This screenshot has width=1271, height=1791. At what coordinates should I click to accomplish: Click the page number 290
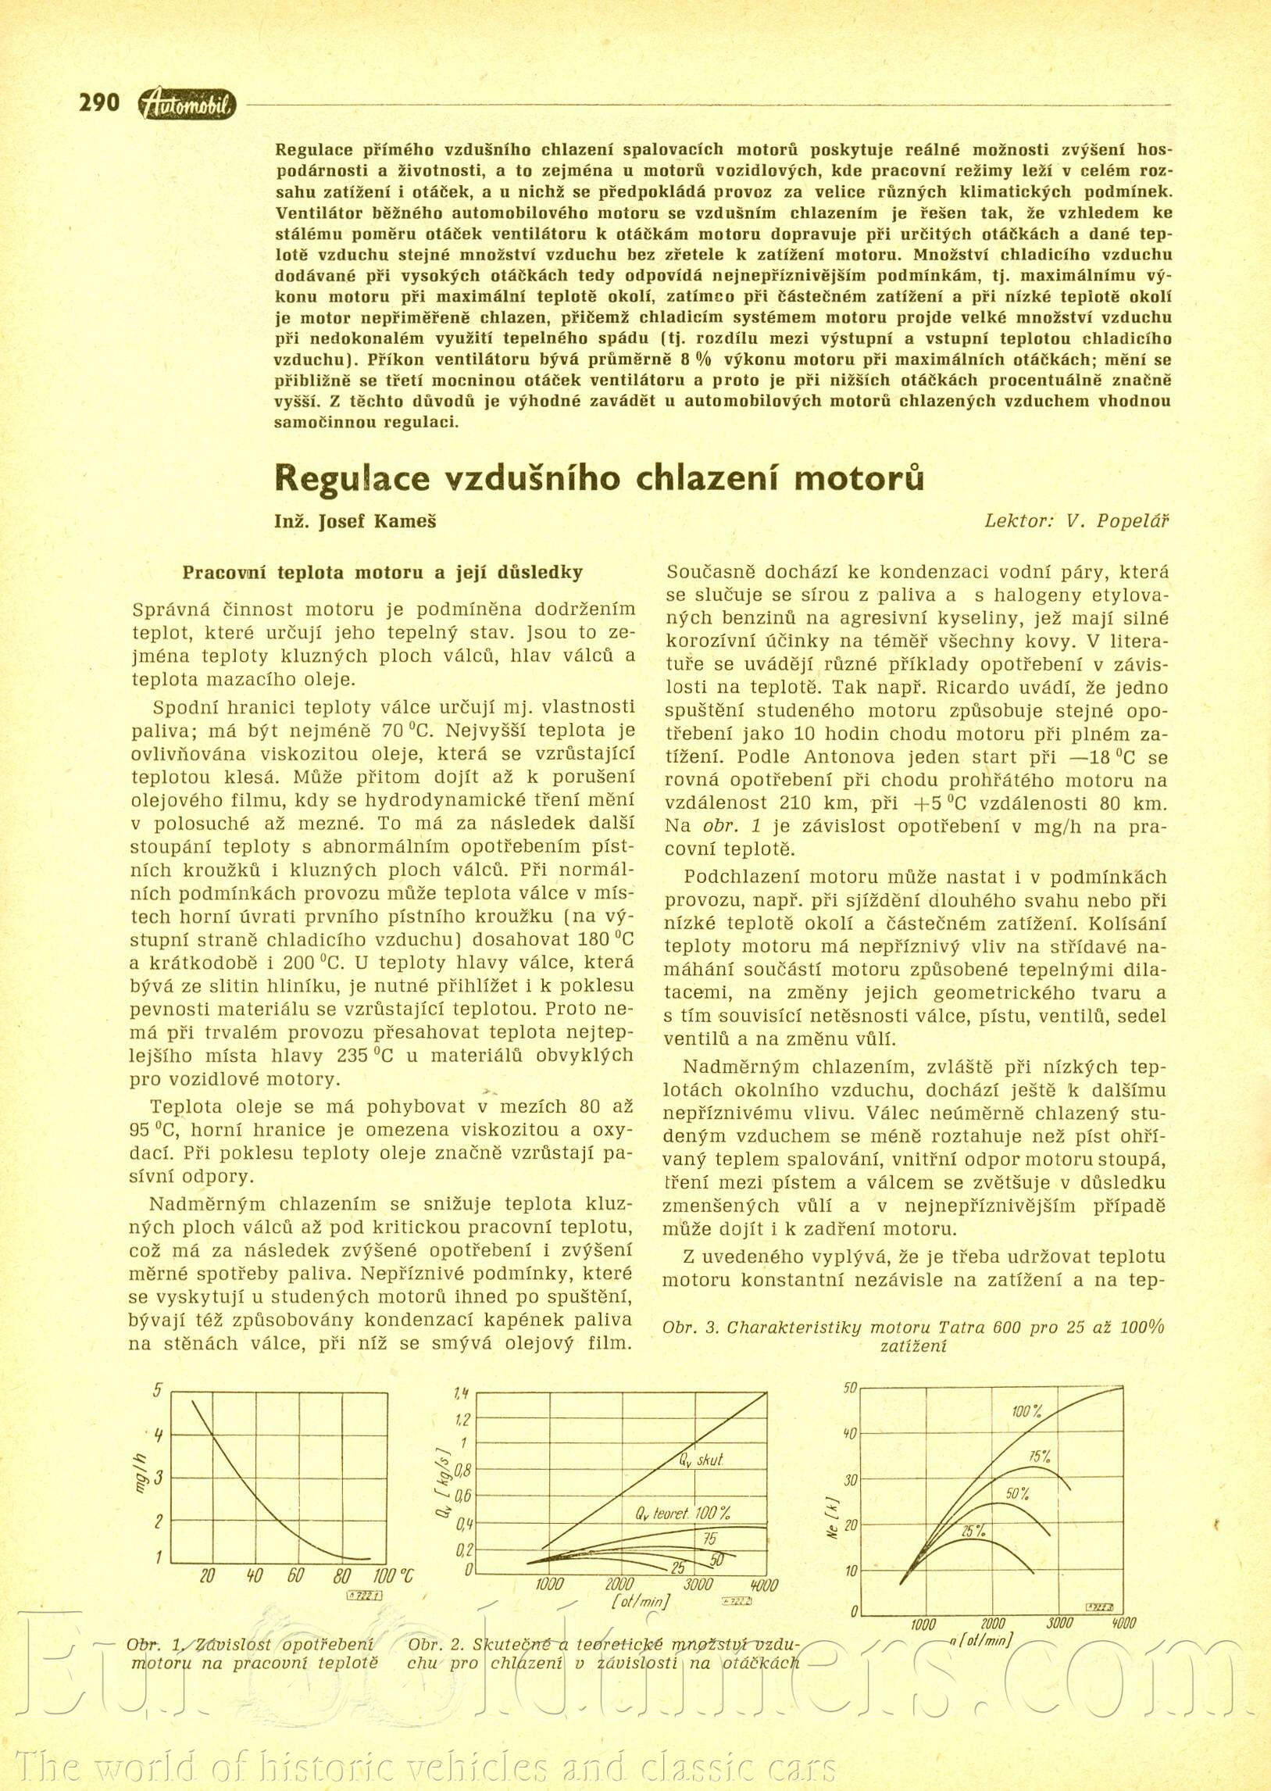pos(98,102)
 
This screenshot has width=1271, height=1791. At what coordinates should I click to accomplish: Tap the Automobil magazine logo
pos(185,105)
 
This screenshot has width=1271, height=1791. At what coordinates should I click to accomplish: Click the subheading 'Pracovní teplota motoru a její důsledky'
pos(382,572)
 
